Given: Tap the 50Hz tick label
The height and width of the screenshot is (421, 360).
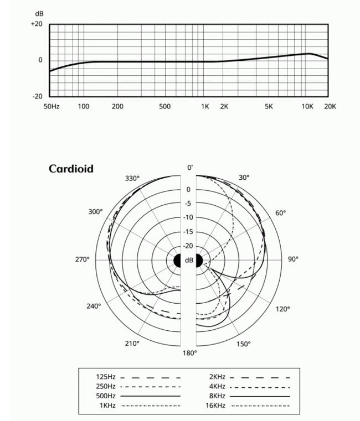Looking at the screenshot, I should point(52,106).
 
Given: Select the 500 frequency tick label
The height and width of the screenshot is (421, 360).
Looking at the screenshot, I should point(164,106).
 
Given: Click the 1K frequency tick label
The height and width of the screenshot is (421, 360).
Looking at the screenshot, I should point(205,106).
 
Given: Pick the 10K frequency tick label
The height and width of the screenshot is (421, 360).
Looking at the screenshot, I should point(307,106).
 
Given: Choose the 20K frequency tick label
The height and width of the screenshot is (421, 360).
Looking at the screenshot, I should point(330,106).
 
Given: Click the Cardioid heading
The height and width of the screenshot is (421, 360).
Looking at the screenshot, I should point(71,169).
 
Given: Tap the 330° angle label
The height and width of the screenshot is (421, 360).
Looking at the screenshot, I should point(132,179).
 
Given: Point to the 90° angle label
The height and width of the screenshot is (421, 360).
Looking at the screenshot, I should point(292,259).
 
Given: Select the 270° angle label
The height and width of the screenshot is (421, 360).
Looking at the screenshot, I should point(82,259).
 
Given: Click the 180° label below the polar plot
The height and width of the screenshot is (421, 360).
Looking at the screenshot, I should point(190,352).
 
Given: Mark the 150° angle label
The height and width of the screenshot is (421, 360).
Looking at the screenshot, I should point(244,344).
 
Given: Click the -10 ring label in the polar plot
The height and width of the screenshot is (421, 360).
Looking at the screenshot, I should point(188,217).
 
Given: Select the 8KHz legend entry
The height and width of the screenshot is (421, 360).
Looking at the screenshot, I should point(217,396).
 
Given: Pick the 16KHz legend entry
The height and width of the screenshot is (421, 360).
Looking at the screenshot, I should point(215,406).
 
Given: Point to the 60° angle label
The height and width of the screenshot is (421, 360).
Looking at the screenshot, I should point(281,213).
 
